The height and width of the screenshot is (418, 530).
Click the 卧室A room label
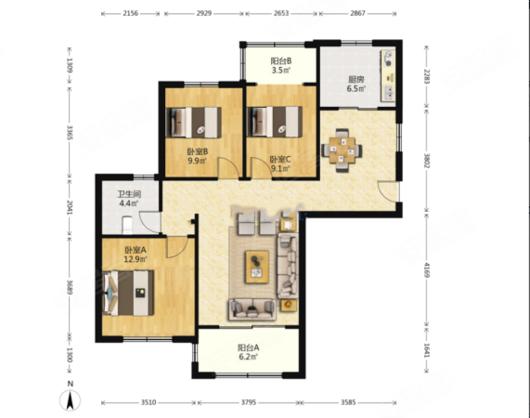pos(136,250)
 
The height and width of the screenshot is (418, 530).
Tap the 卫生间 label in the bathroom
pos(129,194)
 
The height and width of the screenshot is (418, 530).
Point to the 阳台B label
pos(281,61)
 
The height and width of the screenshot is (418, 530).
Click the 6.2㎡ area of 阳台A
pos(249,357)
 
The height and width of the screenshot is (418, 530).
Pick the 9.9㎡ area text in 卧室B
pos(198,160)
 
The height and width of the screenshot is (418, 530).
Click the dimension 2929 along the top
pos(204,13)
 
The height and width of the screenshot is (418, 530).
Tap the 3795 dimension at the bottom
pos(249,402)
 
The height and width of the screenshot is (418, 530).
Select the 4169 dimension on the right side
pos(427,270)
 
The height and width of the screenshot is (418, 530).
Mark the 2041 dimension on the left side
pos(70,207)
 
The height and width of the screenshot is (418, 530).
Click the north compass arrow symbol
pos(70,400)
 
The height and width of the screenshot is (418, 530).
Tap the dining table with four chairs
pos(342,150)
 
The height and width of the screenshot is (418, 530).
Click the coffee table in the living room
pos(257,267)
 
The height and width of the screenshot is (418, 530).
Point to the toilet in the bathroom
pos(127,225)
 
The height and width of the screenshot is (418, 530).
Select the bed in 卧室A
pos(128,293)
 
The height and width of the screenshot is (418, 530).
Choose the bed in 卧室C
pos(275,122)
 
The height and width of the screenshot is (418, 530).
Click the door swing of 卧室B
pos(228,167)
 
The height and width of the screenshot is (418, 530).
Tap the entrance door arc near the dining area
pos(388,191)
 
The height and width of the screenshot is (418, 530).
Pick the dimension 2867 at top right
pos(357,13)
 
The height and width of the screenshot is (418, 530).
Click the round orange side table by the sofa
pos(289,305)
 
